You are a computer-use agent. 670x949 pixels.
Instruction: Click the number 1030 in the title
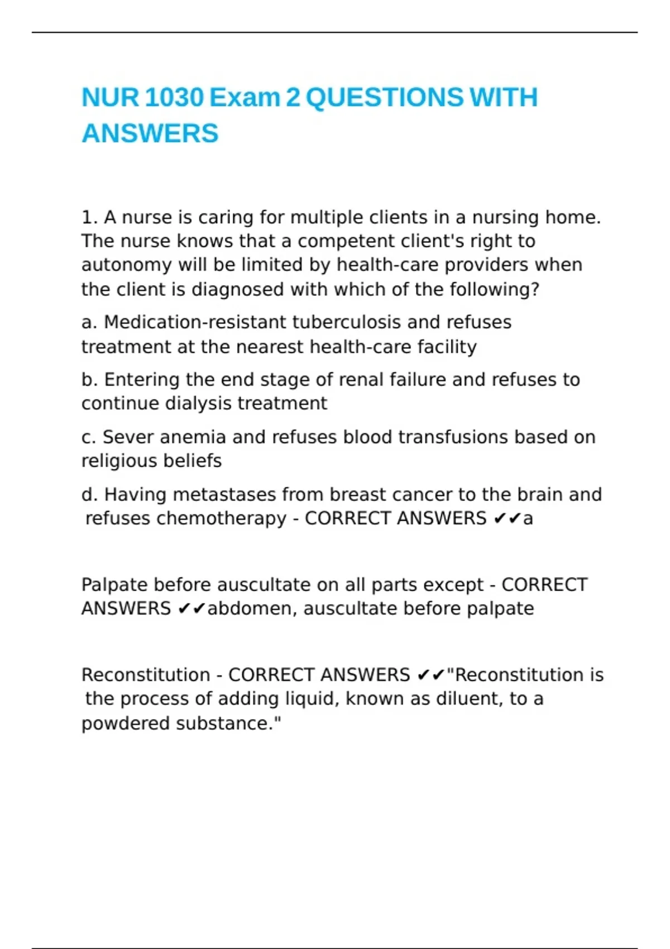174,98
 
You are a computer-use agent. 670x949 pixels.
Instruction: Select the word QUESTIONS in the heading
385,98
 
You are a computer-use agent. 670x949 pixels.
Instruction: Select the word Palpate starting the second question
114,584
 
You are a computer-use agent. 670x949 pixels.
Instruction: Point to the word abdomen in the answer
250,608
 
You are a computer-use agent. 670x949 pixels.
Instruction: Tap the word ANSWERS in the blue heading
150,133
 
